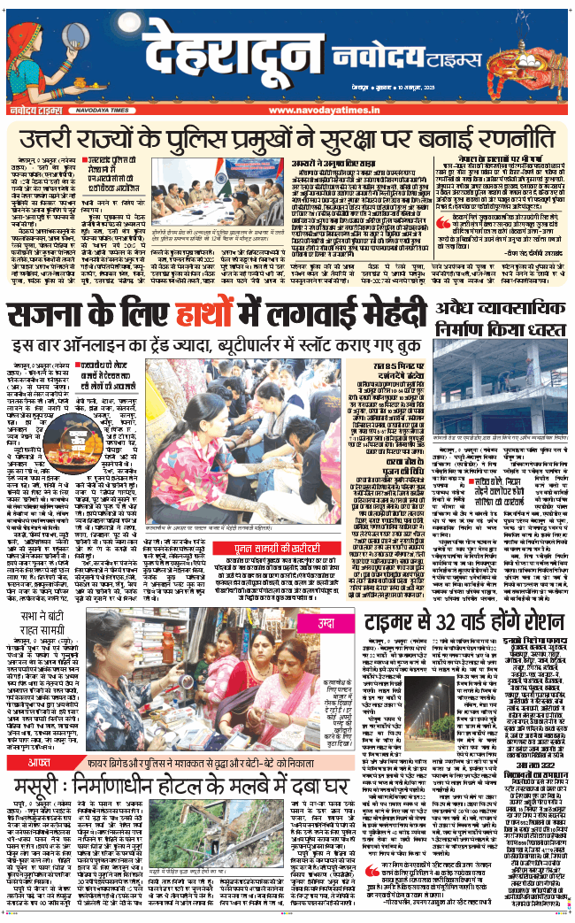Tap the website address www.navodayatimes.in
[315, 110]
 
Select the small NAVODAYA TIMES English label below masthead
[88, 110]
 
